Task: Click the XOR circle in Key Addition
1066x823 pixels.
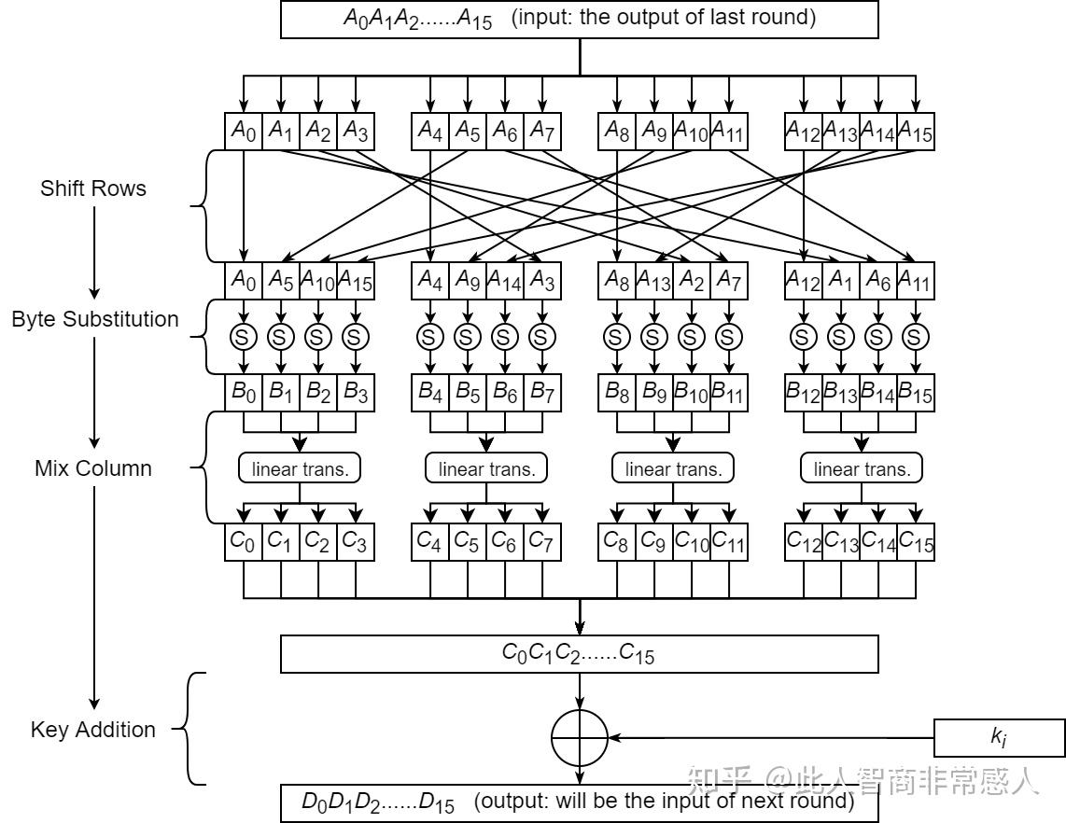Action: point(580,737)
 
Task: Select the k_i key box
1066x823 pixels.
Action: point(999,737)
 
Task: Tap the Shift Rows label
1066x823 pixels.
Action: point(93,188)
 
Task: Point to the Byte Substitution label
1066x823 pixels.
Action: point(95,319)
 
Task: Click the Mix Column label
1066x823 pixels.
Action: point(93,468)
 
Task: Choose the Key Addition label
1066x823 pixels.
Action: point(93,730)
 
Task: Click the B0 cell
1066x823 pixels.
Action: point(244,393)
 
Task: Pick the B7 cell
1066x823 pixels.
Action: point(542,393)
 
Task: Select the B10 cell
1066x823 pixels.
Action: point(692,393)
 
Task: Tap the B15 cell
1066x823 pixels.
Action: point(916,393)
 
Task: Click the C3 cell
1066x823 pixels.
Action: point(356,541)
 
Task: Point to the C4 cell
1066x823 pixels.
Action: point(430,541)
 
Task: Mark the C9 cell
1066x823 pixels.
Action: point(654,541)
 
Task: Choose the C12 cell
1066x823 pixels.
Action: point(804,541)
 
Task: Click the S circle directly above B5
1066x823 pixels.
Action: point(467,336)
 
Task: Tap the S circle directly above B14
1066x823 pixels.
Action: point(878,336)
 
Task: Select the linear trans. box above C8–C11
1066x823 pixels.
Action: point(673,468)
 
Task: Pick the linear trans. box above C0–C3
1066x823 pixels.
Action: point(300,468)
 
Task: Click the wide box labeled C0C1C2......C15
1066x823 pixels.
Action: point(579,653)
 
